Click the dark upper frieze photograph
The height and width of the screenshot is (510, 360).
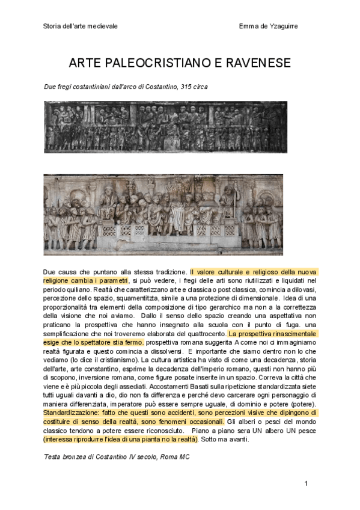[165, 126]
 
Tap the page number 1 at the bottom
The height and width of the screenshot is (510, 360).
[306, 484]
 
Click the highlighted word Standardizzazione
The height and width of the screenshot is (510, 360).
[69, 413]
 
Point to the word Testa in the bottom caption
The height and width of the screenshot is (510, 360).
[52, 457]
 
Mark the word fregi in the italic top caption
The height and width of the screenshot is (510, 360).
[66, 87]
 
